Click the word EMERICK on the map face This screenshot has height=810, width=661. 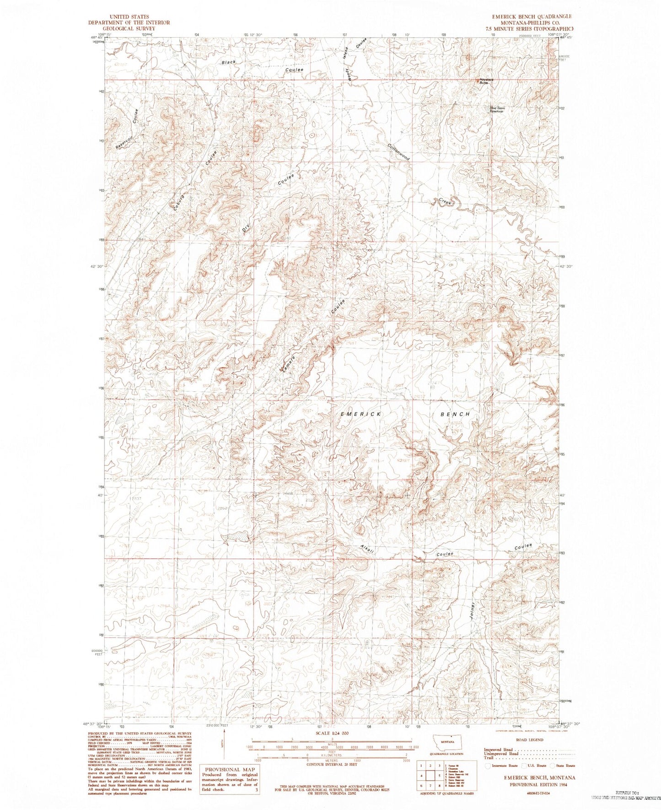[x=361, y=414]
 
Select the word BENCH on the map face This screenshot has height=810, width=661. [x=455, y=414]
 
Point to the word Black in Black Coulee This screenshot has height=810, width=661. [x=229, y=62]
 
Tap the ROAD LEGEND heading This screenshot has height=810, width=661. [x=530, y=740]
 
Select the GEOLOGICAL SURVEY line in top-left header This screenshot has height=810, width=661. [x=129, y=28]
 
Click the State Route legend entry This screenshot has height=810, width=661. [x=564, y=765]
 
